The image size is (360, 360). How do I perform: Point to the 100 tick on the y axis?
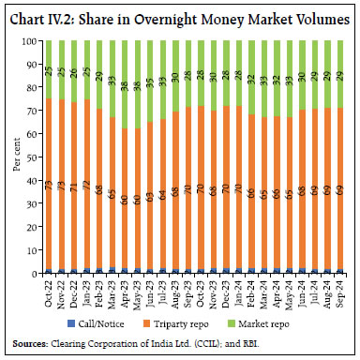pyautogui.click(x=29, y=40)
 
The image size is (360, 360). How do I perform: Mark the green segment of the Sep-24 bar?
pyautogui.click(x=338, y=74)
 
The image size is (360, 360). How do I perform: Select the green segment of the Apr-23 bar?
pyautogui.click(x=125, y=84)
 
